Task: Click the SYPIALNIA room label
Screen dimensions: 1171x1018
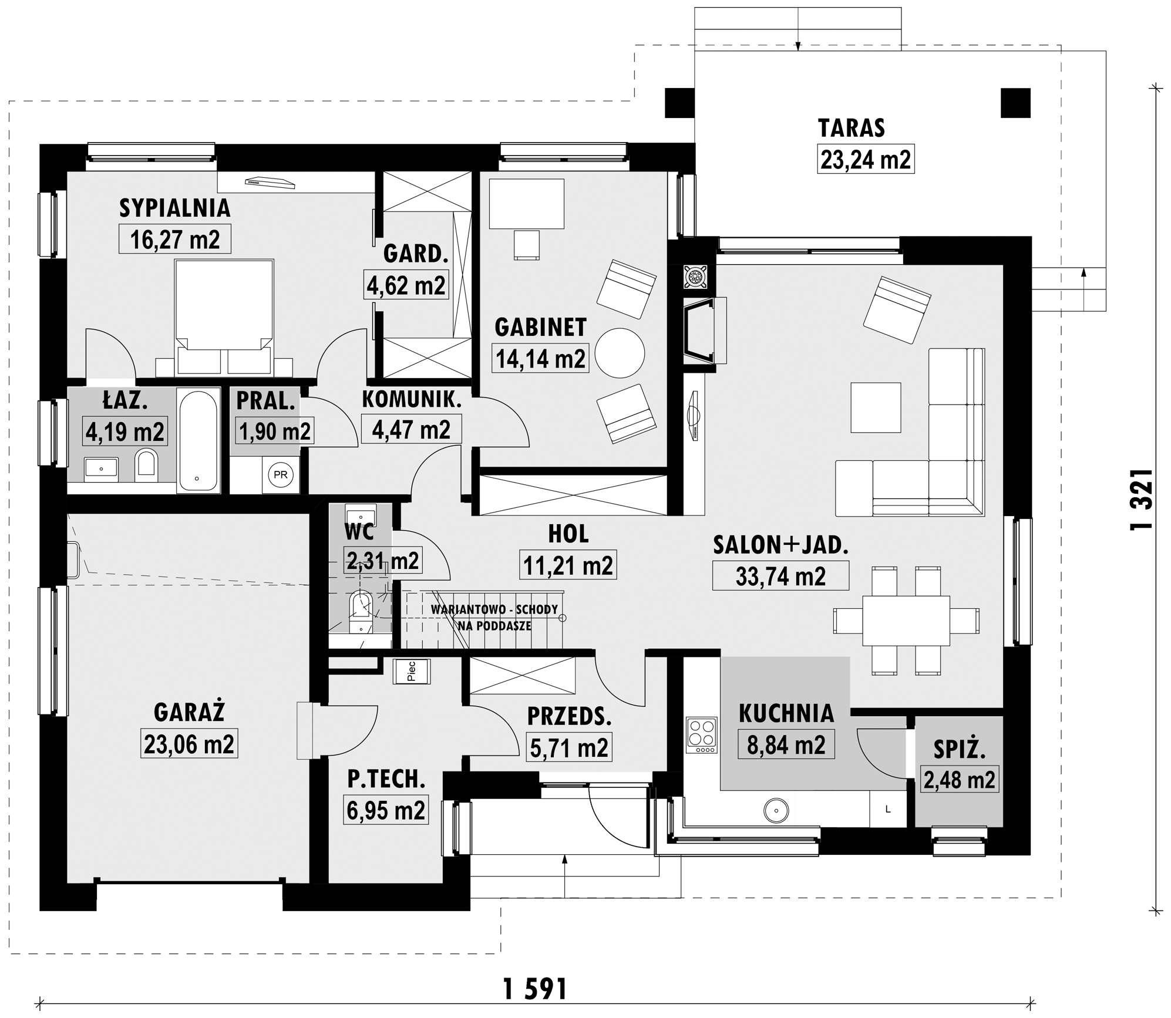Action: pyautogui.click(x=174, y=208)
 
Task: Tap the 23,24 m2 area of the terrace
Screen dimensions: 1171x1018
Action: pyautogui.click(x=866, y=159)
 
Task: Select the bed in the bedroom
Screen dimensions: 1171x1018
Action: pyautogui.click(x=224, y=317)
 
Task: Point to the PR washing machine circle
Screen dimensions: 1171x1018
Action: pyautogui.click(x=281, y=474)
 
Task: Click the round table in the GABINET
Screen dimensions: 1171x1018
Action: pyautogui.click(x=620, y=353)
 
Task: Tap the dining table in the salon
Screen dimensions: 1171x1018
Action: pyautogui.click(x=906, y=621)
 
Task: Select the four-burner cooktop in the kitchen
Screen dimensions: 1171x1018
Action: pyautogui.click(x=702, y=735)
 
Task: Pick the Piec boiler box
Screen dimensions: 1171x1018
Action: pyautogui.click(x=412, y=671)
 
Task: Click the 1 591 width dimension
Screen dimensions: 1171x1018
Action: pyautogui.click(x=535, y=989)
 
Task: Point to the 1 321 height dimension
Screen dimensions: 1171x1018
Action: pyautogui.click(x=1141, y=500)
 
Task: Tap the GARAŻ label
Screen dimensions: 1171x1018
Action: pyautogui.click(x=189, y=712)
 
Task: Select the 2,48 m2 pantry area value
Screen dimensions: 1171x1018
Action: pyautogui.click(x=959, y=780)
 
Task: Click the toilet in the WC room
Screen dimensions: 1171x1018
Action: pyautogui.click(x=361, y=612)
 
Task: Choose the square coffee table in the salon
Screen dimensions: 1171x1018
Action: pyautogui.click(x=876, y=407)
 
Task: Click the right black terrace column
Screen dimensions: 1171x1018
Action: pyautogui.click(x=1016, y=103)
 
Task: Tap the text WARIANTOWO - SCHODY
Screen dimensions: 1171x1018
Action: pyautogui.click(x=494, y=609)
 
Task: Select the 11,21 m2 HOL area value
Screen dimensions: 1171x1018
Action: pyautogui.click(x=568, y=565)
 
